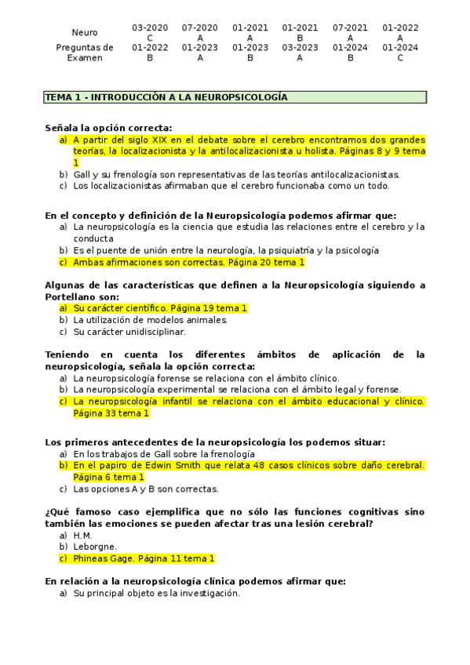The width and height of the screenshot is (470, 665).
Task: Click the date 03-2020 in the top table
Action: tap(149, 27)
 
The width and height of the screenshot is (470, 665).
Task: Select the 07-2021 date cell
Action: tap(350, 27)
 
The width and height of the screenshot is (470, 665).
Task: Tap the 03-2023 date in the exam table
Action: tap(300, 47)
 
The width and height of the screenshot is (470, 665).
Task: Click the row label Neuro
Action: tap(85, 32)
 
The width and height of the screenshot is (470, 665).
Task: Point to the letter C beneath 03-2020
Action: tap(149, 38)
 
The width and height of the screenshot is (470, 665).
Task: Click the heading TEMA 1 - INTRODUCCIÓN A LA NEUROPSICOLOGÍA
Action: tap(166, 97)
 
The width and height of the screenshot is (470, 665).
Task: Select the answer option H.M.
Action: tap(82, 536)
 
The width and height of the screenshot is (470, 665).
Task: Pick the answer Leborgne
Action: tap(95, 547)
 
